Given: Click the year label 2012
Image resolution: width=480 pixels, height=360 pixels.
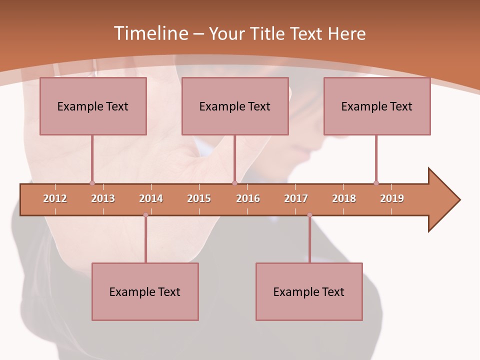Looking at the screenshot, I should pyautogui.click(x=55, y=198).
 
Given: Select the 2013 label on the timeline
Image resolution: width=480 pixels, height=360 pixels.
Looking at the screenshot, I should pyautogui.click(x=103, y=198).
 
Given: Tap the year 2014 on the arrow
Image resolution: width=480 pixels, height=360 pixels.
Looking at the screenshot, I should pyautogui.click(x=151, y=198).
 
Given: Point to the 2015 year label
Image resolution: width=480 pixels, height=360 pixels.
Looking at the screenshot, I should pyautogui.click(x=199, y=198).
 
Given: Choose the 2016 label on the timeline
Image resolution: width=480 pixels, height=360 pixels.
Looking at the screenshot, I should pyautogui.click(x=248, y=198).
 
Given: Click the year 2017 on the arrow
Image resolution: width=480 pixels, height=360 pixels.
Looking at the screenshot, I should pyautogui.click(x=296, y=198).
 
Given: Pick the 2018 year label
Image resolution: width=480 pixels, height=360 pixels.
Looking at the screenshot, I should pyautogui.click(x=344, y=198).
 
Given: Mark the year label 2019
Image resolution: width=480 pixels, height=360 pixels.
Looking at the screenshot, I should pyautogui.click(x=392, y=198).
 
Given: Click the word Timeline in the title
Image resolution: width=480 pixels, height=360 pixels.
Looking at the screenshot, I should pyautogui.click(x=150, y=33).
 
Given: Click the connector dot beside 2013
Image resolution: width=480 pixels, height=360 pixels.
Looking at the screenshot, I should pyautogui.click(x=92, y=183).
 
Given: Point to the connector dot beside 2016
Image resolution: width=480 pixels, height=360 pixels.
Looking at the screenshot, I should pyautogui.click(x=234, y=183).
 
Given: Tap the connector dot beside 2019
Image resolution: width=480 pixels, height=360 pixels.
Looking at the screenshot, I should pyautogui.click(x=376, y=183).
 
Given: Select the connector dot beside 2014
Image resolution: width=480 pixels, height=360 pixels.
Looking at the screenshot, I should pyautogui.click(x=145, y=215).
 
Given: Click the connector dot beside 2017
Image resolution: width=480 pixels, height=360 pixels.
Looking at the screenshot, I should pyautogui.click(x=309, y=215).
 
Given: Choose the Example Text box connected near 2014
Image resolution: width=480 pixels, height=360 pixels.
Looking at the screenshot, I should pyautogui.click(x=145, y=291).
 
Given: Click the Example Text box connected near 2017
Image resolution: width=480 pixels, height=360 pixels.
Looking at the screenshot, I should pyautogui.click(x=309, y=291).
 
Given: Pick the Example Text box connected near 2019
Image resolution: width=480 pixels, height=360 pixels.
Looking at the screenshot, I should pyautogui.click(x=377, y=106).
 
